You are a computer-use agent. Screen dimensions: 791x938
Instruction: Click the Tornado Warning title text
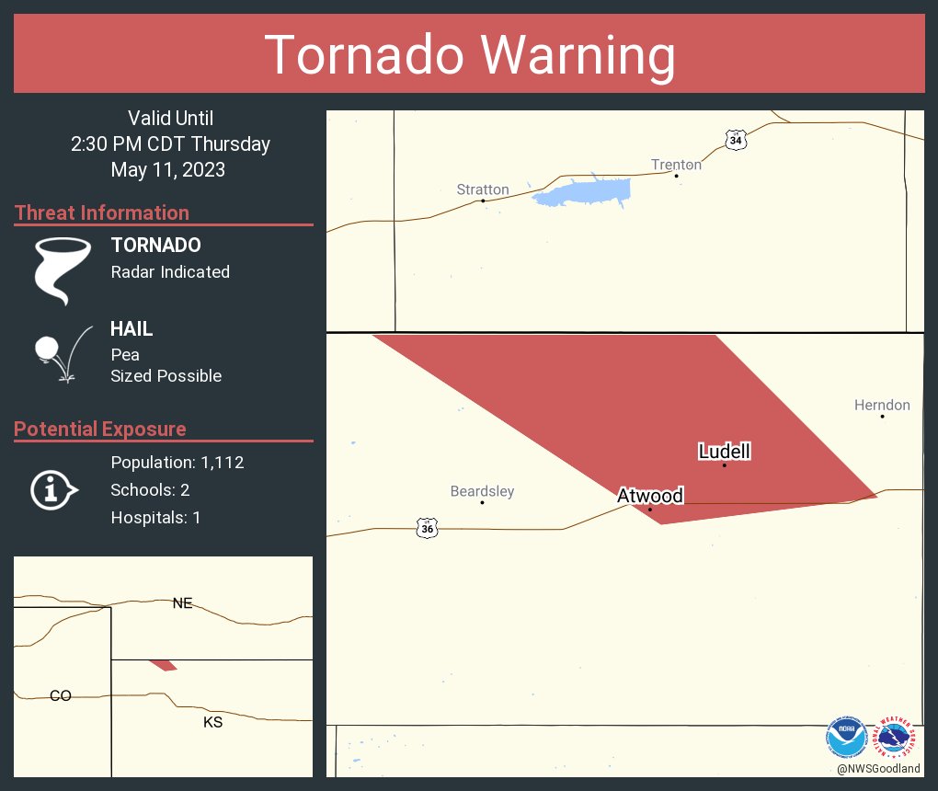tap(469, 54)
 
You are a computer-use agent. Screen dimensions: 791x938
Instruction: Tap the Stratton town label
tap(483, 189)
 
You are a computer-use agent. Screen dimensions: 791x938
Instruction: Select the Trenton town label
tap(676, 165)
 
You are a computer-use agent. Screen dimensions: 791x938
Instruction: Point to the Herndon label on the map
tap(882, 405)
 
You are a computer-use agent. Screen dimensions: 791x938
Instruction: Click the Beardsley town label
tap(482, 491)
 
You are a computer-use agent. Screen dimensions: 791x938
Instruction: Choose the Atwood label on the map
tap(650, 496)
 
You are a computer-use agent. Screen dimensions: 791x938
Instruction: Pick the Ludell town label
tap(725, 452)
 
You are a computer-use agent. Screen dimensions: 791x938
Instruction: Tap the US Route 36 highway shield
tap(428, 528)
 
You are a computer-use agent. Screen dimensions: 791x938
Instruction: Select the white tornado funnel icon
tap(63, 270)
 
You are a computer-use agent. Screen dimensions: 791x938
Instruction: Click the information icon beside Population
tap(53, 489)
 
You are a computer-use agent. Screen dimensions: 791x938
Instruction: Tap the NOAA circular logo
tap(846, 737)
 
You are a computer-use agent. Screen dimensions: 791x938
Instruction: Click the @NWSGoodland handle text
tap(878, 769)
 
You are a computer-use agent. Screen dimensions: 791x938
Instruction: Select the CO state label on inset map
tap(61, 696)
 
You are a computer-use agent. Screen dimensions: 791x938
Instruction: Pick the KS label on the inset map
tap(212, 722)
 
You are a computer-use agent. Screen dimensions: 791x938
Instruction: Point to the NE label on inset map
tap(183, 603)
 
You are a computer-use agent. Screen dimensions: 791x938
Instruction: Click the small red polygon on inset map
tap(164, 665)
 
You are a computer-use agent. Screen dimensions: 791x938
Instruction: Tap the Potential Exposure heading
tap(100, 429)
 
